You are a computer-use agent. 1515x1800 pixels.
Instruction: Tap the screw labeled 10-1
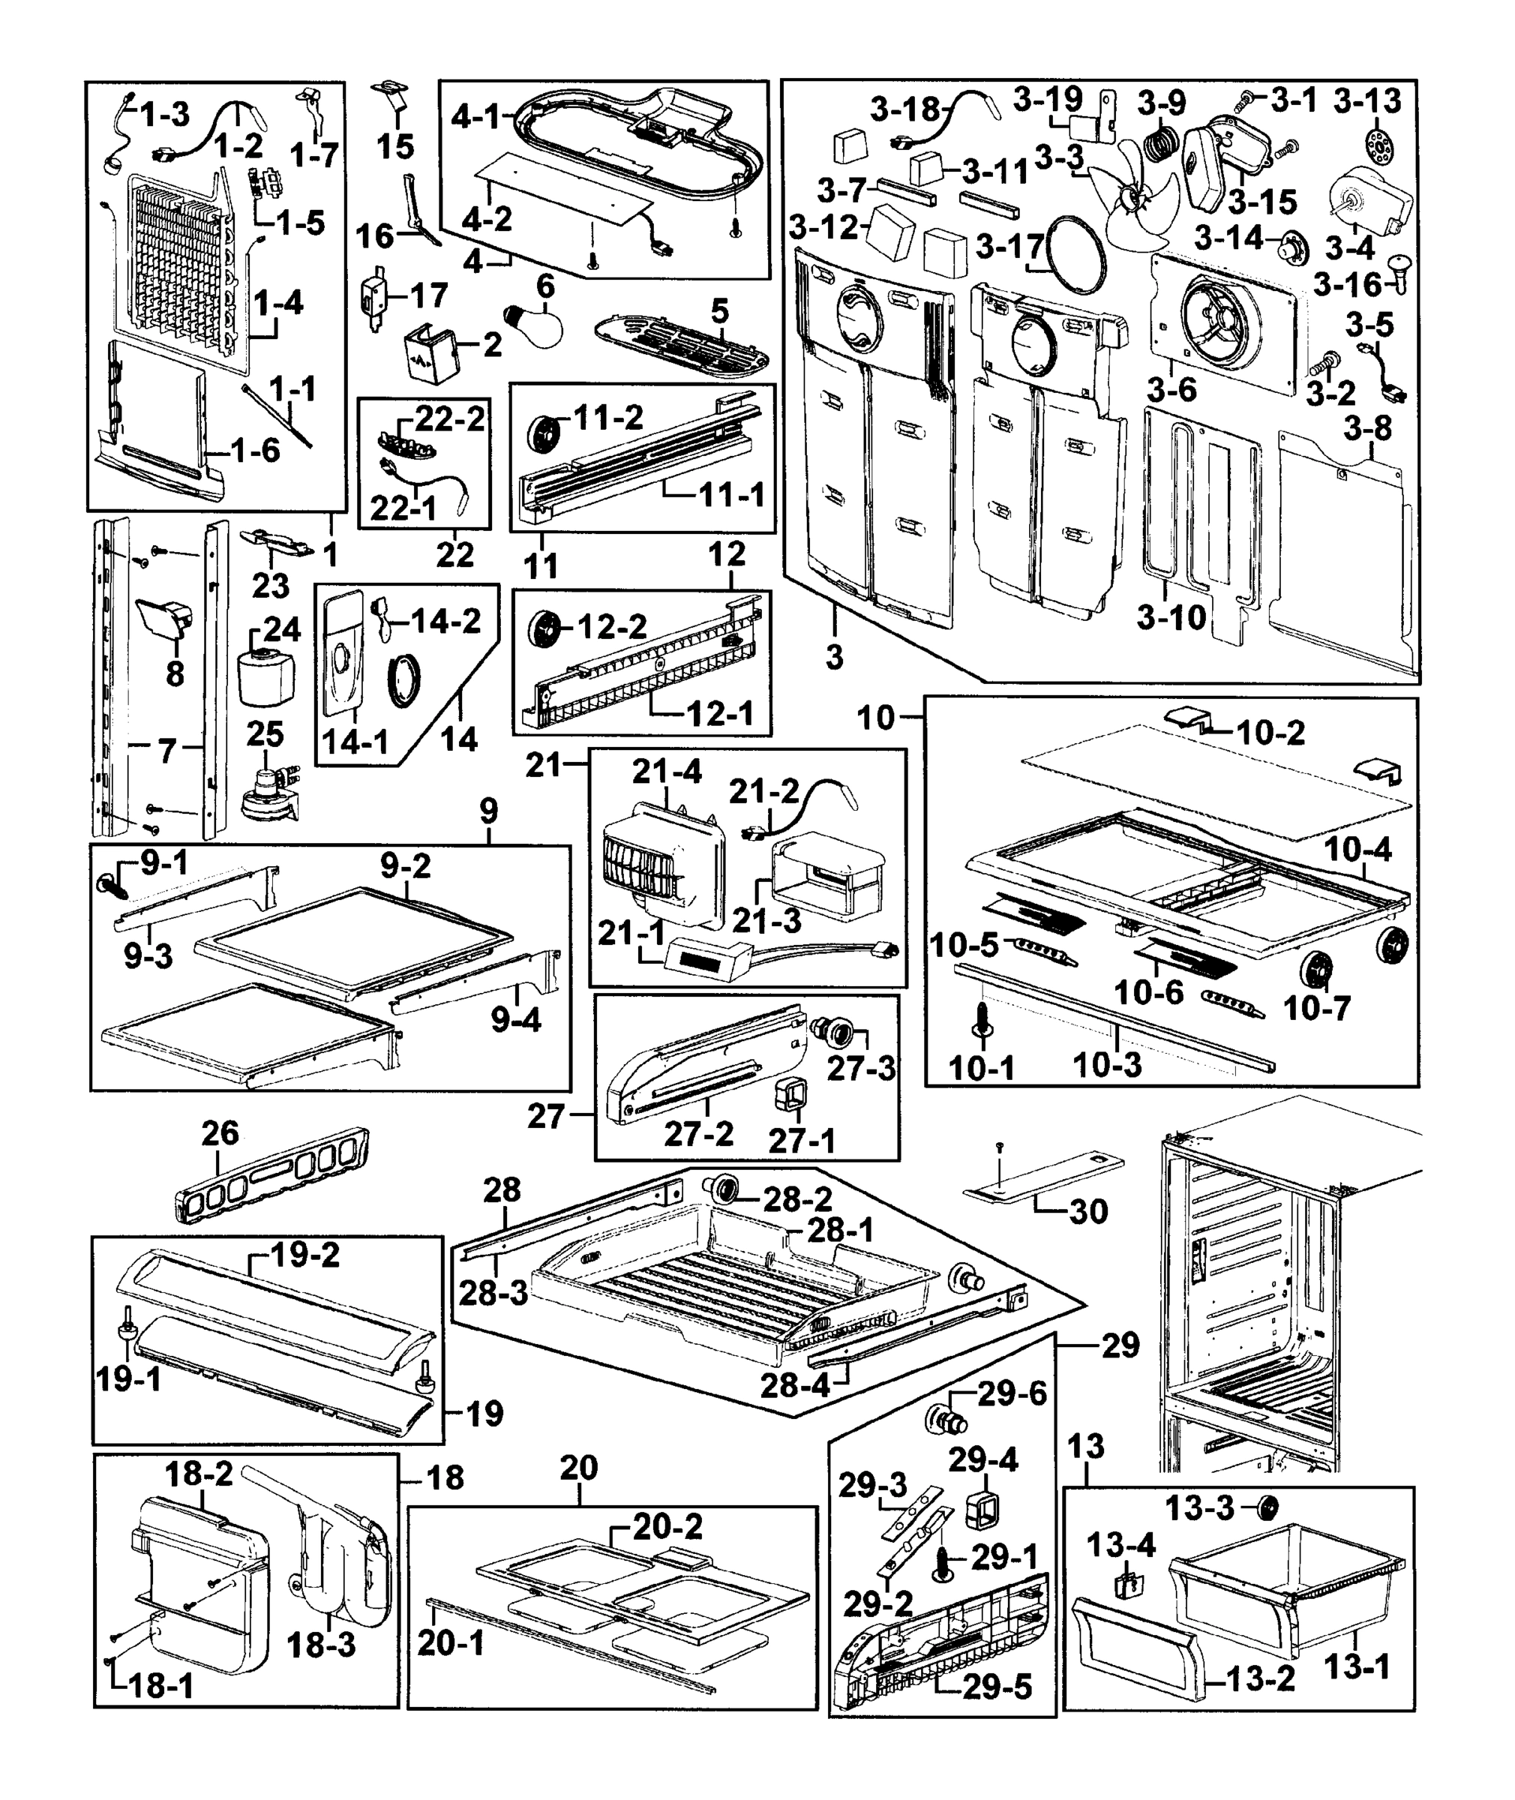click(982, 1019)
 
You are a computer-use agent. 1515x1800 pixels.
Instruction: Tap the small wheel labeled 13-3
click(1267, 1507)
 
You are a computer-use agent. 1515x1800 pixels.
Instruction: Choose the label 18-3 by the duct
click(320, 1645)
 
